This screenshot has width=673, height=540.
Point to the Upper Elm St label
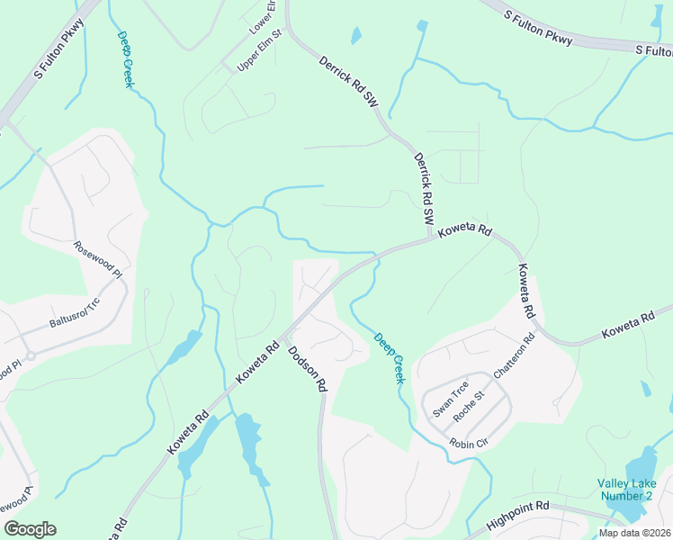(259, 50)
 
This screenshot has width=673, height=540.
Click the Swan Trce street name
(450, 400)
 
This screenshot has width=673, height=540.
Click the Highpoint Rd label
(517, 518)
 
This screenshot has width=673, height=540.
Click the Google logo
(30, 529)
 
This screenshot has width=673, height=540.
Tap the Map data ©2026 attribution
(635, 533)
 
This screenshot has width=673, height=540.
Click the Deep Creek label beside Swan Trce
(390, 358)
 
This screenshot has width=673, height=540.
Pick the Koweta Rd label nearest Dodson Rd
(260, 362)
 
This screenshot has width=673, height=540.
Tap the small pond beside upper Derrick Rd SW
(356, 37)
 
